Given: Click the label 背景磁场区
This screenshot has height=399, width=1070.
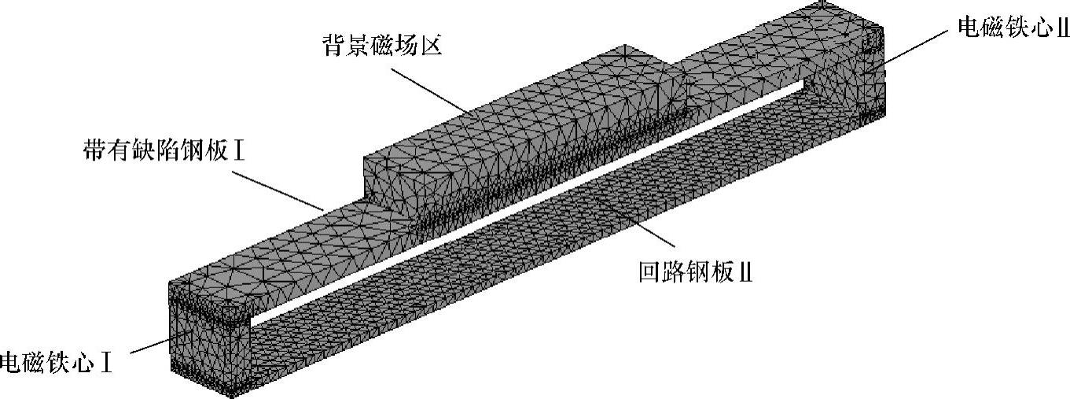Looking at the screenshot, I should [x=381, y=44].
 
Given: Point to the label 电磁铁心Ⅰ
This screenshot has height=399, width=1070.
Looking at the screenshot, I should [x=56, y=364].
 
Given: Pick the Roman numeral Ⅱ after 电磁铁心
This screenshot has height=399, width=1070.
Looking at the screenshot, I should [x=1062, y=26].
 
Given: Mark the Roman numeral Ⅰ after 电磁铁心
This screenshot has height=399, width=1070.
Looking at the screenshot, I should [x=105, y=364].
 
